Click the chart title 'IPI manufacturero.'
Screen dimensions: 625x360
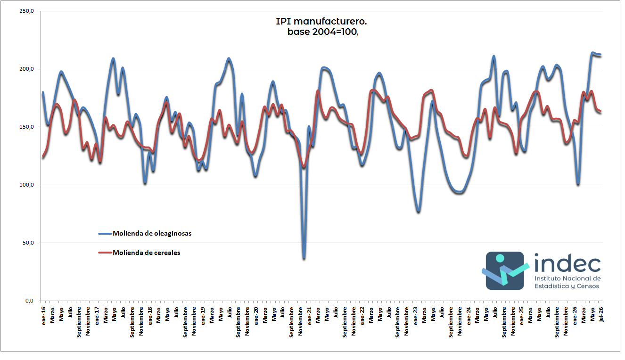(321, 21)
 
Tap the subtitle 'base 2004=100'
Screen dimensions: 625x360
(322, 32)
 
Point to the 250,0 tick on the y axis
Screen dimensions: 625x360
(26, 11)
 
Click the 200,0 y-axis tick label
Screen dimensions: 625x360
(26, 69)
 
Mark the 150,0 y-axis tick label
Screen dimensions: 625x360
(26, 127)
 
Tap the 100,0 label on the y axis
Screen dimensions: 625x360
(26, 185)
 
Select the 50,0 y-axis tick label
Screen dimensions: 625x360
(28, 243)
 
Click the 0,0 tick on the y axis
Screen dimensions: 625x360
(29, 301)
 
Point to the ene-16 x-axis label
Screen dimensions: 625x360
(43, 316)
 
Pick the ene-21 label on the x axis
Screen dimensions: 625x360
(309, 316)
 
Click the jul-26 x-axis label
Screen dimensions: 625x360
(601, 314)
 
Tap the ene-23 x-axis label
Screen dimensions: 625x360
(415, 316)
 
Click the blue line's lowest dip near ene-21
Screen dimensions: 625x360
(304, 258)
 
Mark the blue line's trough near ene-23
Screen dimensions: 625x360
(418, 211)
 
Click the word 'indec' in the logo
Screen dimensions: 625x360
(567, 263)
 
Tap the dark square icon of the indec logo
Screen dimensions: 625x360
(505, 271)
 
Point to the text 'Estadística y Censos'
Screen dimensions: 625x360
(567, 286)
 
